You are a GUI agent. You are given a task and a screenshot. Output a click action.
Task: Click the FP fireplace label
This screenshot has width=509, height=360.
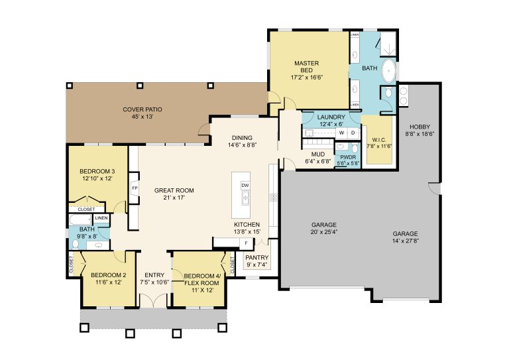tap(134, 188)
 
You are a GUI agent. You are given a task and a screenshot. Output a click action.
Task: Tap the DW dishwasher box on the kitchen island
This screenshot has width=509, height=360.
tap(245, 186)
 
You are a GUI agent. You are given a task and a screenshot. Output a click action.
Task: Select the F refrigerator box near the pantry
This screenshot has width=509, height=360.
tap(246, 243)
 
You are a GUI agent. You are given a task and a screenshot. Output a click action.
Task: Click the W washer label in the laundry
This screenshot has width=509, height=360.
tap(341, 133)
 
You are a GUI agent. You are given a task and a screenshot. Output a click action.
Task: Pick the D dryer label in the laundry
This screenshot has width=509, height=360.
tap(353, 133)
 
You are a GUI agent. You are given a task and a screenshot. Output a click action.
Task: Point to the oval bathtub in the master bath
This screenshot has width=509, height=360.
tap(388, 70)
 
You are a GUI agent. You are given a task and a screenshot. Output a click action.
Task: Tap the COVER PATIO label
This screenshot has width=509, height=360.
tap(142, 109)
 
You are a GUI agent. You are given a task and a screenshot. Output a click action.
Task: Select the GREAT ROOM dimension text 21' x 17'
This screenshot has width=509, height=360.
tap(174, 198)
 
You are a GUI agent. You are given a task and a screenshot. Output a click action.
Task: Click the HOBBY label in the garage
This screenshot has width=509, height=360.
tap(420, 127)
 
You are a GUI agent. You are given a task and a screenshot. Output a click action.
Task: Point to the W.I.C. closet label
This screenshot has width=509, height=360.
tap(379, 140)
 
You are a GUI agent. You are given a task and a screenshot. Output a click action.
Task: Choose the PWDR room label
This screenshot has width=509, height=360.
tap(348, 157)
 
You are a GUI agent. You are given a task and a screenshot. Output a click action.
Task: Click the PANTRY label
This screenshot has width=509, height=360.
tap(256, 258)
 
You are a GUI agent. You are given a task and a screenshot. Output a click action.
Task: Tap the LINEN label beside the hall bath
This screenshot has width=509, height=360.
tap(101, 218)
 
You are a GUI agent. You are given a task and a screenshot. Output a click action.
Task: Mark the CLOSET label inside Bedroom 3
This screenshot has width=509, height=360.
tap(86, 210)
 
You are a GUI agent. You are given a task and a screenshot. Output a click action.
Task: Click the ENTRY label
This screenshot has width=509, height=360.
tap(154, 275)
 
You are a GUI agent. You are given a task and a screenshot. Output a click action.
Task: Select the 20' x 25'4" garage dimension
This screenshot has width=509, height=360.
tap(323, 232)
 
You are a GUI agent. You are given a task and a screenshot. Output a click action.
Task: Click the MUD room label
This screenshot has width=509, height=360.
tap(318, 154)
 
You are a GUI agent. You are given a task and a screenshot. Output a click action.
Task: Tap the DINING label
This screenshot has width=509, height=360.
tap(242, 138)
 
